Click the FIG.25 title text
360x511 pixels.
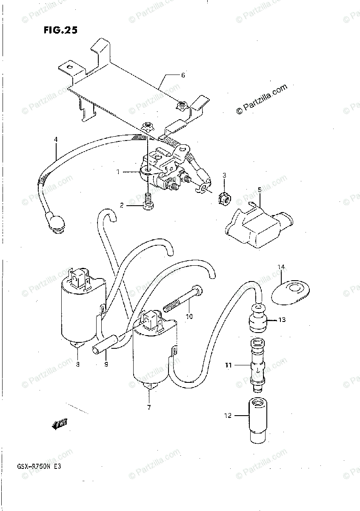60,30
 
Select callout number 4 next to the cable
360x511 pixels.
55,139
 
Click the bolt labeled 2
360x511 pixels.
148,202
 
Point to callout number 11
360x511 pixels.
228,365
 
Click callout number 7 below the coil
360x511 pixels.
149,408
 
